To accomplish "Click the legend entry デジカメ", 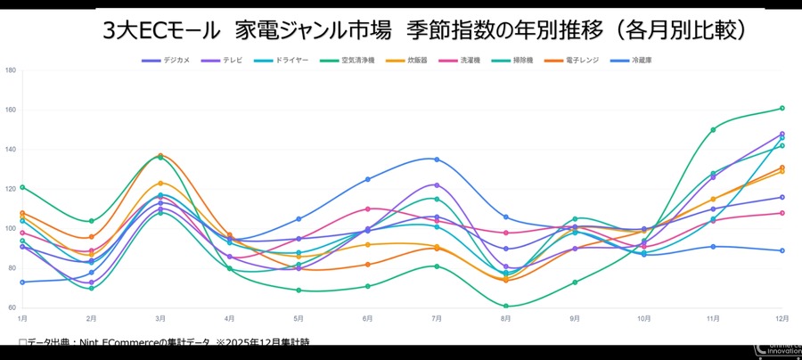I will point(166,60).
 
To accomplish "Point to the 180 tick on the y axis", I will point(10,70).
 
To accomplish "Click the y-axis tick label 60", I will point(10,307).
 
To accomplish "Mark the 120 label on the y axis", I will point(10,189).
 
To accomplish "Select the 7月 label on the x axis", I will point(437,318).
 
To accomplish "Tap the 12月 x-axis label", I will point(781,318).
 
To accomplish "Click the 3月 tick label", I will point(160,318).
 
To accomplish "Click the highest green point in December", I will point(782,108).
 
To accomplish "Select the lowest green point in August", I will point(505,306).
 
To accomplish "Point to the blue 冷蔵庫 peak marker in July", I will point(437,160).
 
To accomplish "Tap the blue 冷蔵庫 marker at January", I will point(22,282).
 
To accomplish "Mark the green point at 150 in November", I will point(713,130).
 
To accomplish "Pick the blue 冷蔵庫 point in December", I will point(782,250).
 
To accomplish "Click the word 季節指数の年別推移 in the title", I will point(493,31).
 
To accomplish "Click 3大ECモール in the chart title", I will point(160,31).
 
